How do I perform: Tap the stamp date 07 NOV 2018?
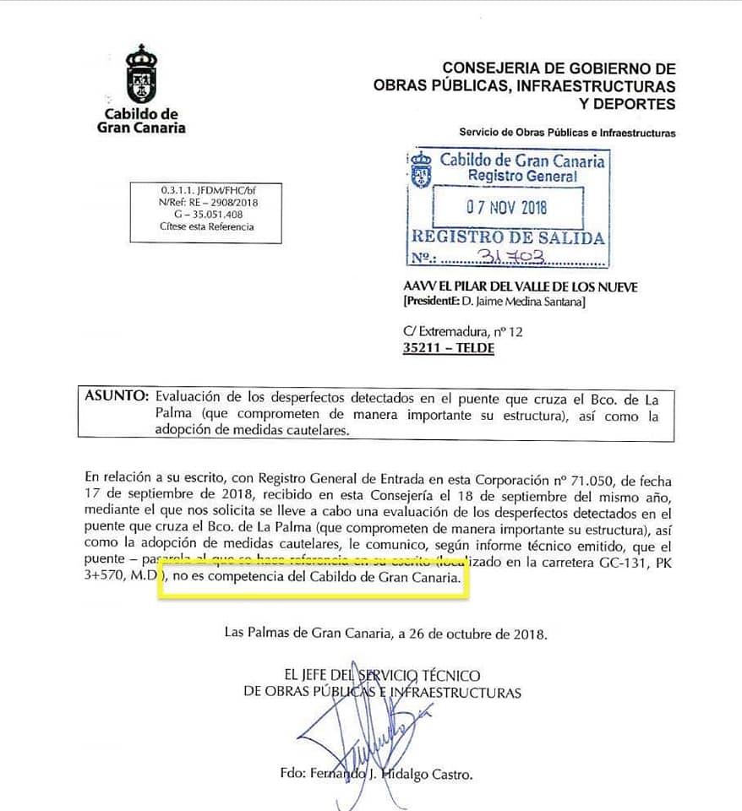[507, 206]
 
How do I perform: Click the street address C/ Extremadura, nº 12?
[463, 332]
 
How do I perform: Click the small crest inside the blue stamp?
[420, 169]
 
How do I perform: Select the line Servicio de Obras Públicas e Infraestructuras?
[567, 133]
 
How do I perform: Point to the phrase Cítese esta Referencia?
[206, 226]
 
